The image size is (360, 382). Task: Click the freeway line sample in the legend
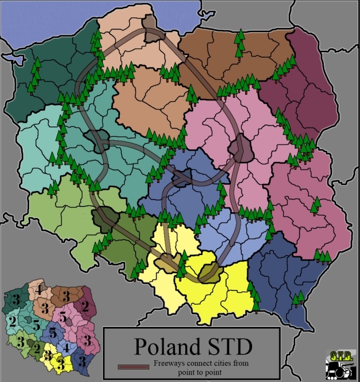tap(134, 366)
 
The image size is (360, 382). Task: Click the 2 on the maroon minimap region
tap(84, 305)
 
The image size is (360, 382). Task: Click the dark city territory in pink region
tap(241, 148)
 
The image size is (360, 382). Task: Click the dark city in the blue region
tap(181, 181)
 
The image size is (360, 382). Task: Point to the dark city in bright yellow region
tap(211, 271)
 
